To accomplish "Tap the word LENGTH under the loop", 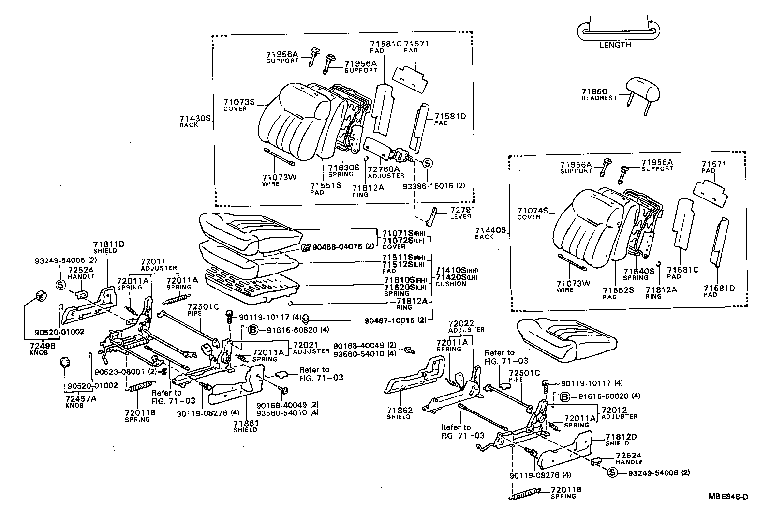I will (615, 45).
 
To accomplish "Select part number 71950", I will (594, 91).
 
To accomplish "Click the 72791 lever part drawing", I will (431, 216).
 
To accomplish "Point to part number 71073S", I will (239, 102).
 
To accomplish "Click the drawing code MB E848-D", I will (728, 496).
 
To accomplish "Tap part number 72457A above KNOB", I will (81, 398).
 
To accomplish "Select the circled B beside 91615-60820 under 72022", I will (564, 397).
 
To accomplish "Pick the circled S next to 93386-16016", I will (427, 164).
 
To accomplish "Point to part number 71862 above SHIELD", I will (400, 411).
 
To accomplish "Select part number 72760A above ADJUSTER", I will (384, 169).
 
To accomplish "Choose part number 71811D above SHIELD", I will (109, 244).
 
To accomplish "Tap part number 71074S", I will (533, 211).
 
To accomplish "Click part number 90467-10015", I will (389, 320).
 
